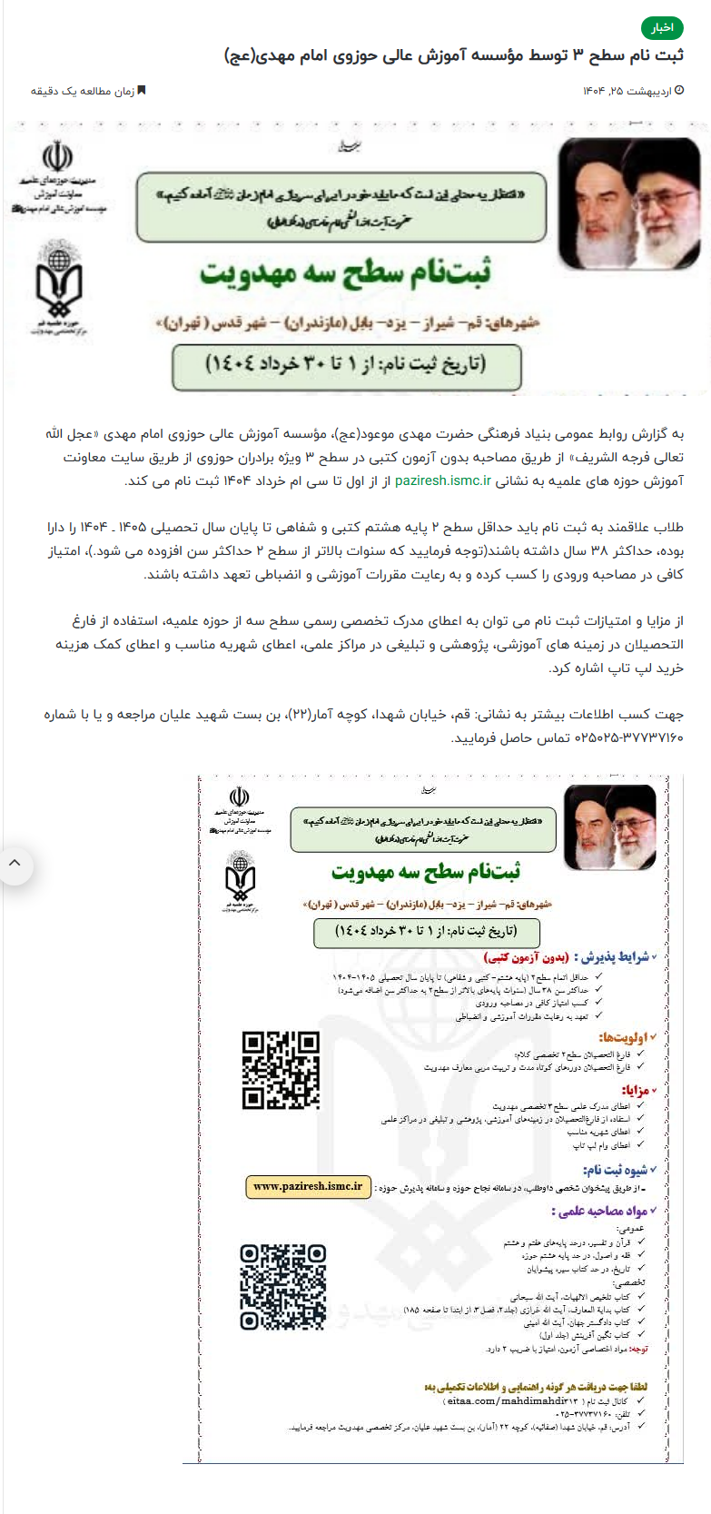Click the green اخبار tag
(662, 28)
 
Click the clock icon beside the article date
(680, 91)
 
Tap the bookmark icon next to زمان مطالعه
(141, 91)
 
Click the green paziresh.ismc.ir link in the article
(442, 480)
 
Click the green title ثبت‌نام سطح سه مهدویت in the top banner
(345, 272)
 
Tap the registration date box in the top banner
(346, 366)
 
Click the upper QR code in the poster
(281, 1070)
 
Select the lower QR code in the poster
(282, 1287)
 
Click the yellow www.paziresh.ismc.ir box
(308, 1186)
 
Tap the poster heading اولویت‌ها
(624, 1037)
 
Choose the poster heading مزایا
(635, 1091)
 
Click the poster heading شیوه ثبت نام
(617, 1170)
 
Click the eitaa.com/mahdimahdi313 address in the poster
(499, 1401)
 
